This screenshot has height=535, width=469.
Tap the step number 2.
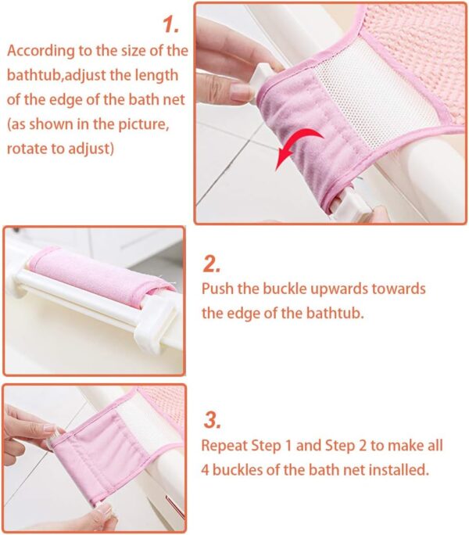pyautogui.click(x=212, y=263)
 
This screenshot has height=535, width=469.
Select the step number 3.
pyautogui.click(x=212, y=419)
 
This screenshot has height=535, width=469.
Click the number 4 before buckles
pyautogui.click(x=207, y=470)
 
